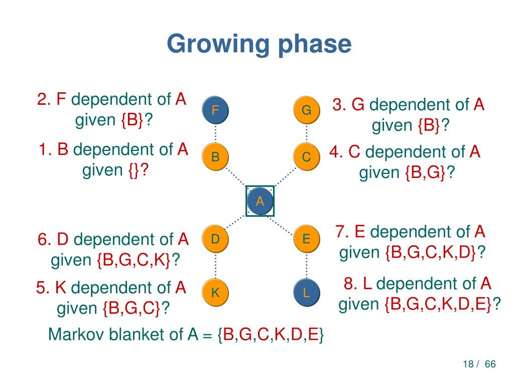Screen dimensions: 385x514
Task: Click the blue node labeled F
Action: point(215,110)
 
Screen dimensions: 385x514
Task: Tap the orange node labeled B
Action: point(215,157)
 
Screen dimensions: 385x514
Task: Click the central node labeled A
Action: point(260,202)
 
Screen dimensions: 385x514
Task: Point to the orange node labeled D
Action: point(215,239)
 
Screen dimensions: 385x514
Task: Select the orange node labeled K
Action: point(215,292)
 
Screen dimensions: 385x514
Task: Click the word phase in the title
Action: point(314,44)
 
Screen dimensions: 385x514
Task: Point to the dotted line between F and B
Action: point(215,133)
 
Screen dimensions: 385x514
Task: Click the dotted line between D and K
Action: point(215,266)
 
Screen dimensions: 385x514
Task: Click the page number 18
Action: point(468,364)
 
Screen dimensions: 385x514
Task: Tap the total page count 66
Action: point(490,364)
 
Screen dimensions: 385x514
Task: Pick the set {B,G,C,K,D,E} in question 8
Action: point(438,304)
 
